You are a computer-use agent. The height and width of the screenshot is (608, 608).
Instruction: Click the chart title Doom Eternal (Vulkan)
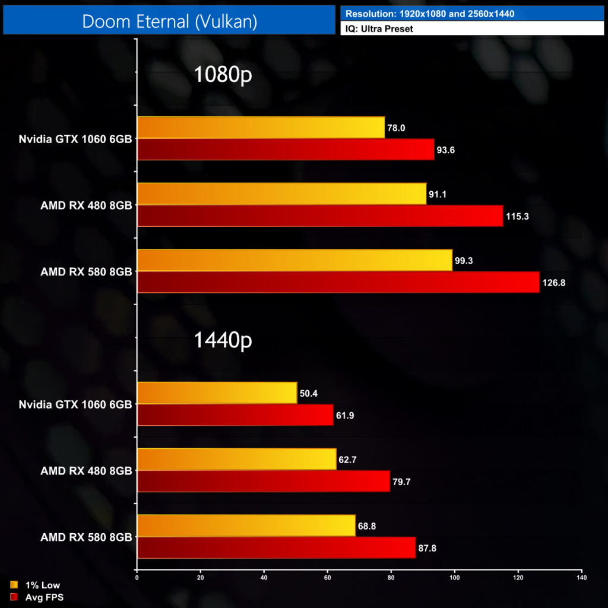coord(169,21)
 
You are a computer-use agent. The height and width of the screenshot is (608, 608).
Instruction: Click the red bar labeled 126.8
coord(338,282)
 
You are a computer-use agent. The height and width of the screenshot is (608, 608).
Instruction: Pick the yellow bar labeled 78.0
coord(261,127)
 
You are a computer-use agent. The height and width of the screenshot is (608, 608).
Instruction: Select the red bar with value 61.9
coord(235,414)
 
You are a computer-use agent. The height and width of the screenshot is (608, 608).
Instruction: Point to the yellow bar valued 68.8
coord(246,525)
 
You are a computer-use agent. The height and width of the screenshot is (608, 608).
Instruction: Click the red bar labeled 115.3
coord(320,216)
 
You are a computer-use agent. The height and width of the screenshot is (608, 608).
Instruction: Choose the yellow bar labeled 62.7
coord(236,459)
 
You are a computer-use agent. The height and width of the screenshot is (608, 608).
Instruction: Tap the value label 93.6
coord(446,150)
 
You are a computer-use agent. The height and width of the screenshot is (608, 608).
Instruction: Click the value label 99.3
coord(464,260)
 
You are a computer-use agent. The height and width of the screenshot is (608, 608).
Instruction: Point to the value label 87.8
coord(427,548)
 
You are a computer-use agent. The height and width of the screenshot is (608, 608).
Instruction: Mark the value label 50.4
coord(309,393)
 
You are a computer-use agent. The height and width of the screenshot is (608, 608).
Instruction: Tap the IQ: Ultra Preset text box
coord(472,28)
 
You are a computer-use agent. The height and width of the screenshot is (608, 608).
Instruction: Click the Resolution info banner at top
coord(472,13)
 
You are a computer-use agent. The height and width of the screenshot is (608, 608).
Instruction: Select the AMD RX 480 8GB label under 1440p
coord(86,471)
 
